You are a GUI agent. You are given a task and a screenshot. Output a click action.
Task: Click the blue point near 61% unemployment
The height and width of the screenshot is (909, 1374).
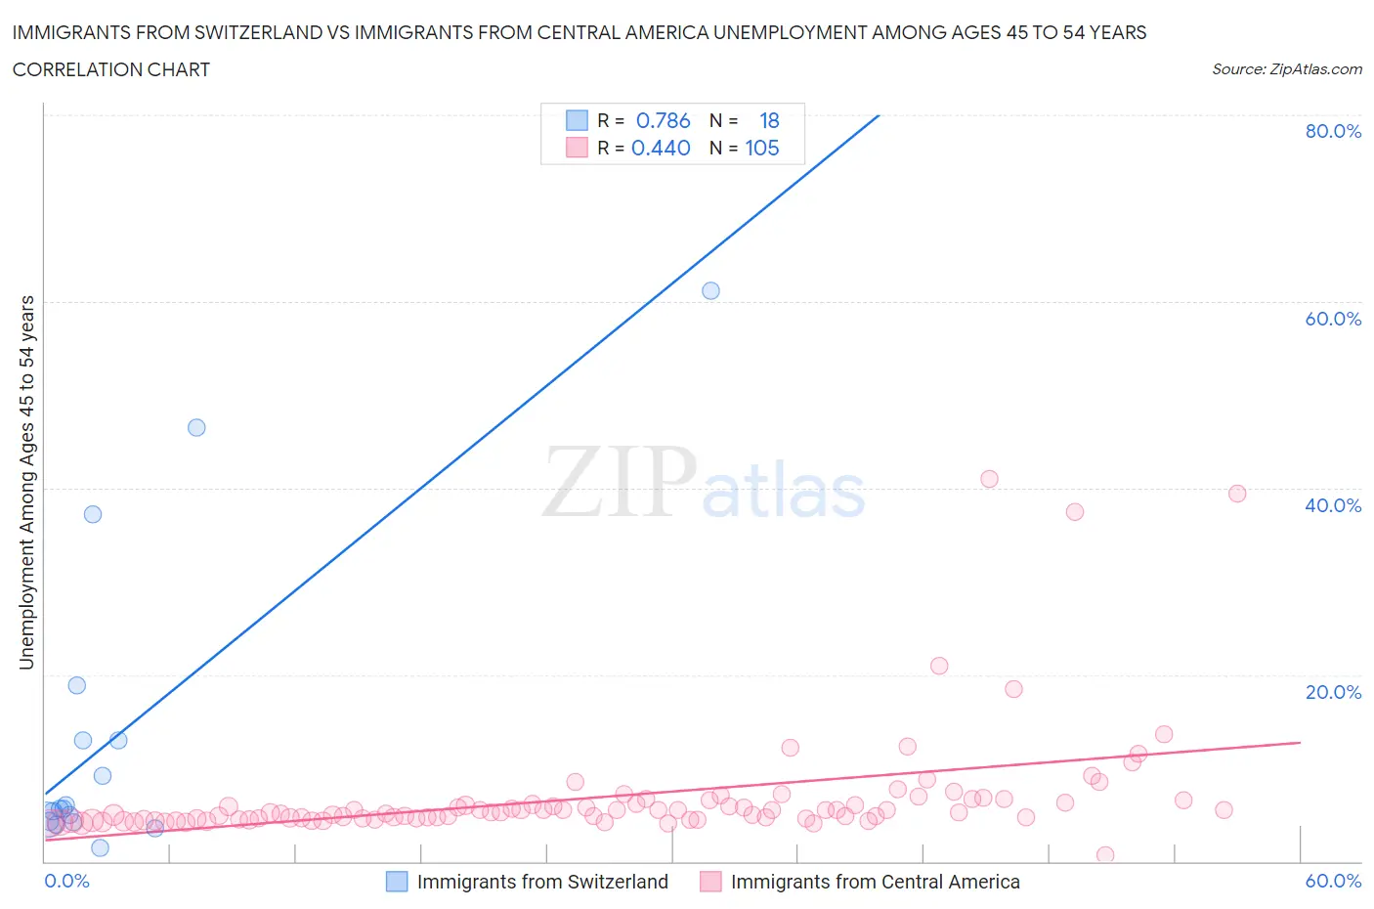(x=710, y=290)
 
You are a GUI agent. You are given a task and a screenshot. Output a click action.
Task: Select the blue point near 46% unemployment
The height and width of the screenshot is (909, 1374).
(x=196, y=427)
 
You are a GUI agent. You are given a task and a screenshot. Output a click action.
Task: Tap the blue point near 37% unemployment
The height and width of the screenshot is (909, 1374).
(x=93, y=514)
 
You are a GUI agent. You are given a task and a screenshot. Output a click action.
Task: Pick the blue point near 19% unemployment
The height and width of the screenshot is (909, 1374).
(x=77, y=685)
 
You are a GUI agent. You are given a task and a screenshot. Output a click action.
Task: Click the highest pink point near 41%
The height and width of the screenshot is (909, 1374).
(x=989, y=479)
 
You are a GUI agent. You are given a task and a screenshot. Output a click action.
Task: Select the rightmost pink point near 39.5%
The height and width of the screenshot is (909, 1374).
(x=1237, y=494)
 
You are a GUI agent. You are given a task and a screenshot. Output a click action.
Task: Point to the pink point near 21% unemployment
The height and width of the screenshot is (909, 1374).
(x=939, y=666)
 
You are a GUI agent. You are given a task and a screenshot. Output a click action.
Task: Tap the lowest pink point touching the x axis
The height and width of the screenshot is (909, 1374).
(x=1105, y=855)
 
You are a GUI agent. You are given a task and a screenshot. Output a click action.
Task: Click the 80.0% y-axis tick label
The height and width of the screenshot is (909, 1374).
(x=1333, y=131)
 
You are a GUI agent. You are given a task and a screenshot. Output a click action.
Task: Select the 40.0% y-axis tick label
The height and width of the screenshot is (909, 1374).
(x=1333, y=505)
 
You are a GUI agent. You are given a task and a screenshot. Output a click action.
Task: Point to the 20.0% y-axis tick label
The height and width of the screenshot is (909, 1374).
(x=1333, y=692)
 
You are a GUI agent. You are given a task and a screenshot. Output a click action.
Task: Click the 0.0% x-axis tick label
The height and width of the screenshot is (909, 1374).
(x=67, y=881)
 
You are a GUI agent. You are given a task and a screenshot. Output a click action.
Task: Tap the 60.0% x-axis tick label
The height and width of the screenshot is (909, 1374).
(x=1333, y=881)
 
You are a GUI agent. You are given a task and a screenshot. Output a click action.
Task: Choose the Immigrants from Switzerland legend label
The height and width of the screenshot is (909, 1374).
(x=542, y=882)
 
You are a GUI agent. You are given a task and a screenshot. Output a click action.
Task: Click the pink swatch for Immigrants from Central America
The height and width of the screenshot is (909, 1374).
(x=710, y=882)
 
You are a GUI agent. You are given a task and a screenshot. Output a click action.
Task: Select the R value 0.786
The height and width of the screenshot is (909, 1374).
(x=663, y=120)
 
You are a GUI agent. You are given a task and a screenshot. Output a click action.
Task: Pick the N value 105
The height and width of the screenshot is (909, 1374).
(x=762, y=148)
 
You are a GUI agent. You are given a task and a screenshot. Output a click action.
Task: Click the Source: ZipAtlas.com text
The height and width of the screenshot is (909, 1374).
(x=1286, y=68)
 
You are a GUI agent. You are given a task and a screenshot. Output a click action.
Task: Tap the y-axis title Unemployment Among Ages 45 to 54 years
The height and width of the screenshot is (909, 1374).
(x=26, y=482)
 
